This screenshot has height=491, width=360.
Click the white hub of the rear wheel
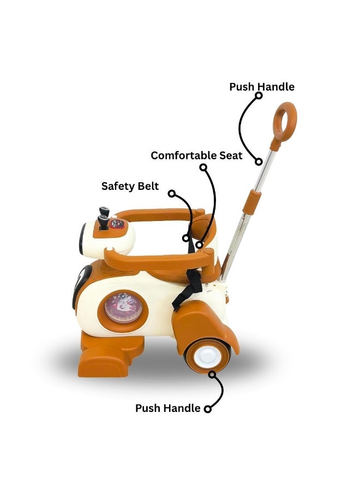[x=205, y=357]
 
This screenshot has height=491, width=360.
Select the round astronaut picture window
[x=123, y=307]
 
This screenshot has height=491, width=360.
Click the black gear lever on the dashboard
[x=103, y=218]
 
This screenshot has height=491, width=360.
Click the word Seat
[x=230, y=155]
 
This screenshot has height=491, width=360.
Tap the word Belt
[x=148, y=186]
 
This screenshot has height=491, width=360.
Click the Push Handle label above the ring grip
[x=262, y=87]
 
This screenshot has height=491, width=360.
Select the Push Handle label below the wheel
[x=167, y=408]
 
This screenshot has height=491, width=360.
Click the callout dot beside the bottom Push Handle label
[x=208, y=409]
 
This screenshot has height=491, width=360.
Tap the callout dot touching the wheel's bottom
[x=213, y=374]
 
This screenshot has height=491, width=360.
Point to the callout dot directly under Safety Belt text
[x=172, y=194]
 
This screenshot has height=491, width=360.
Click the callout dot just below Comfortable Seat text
[x=203, y=167]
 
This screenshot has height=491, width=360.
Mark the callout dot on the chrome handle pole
[x=259, y=161]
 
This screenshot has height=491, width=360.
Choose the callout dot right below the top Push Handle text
[x=259, y=95]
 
